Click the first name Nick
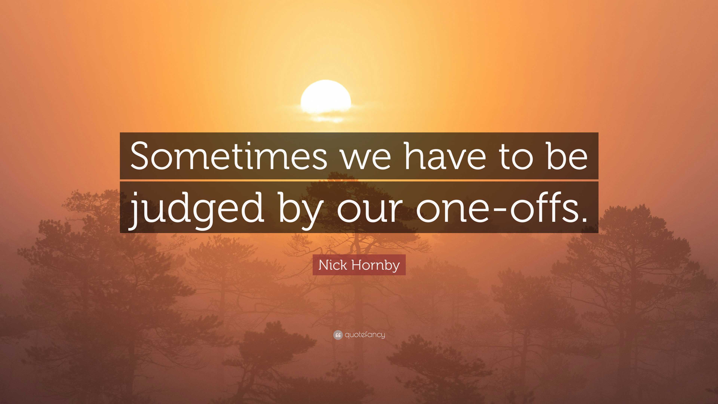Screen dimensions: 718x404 (333, 265)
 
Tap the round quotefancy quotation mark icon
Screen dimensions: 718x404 (337, 335)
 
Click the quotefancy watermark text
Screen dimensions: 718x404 (365, 335)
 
